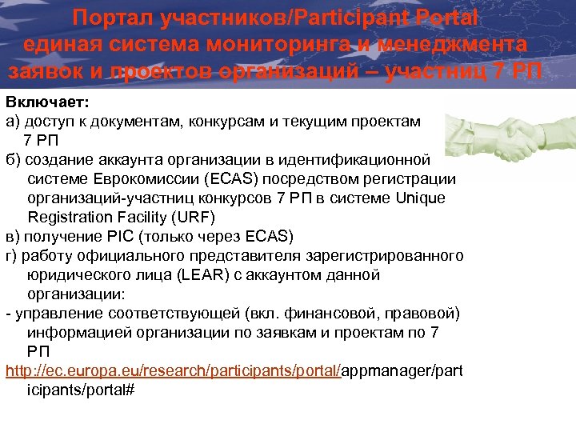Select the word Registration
tap(70, 217)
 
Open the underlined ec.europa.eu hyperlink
tap(174, 370)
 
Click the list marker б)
tap(14, 159)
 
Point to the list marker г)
tap(13, 255)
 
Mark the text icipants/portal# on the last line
tap(80, 390)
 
